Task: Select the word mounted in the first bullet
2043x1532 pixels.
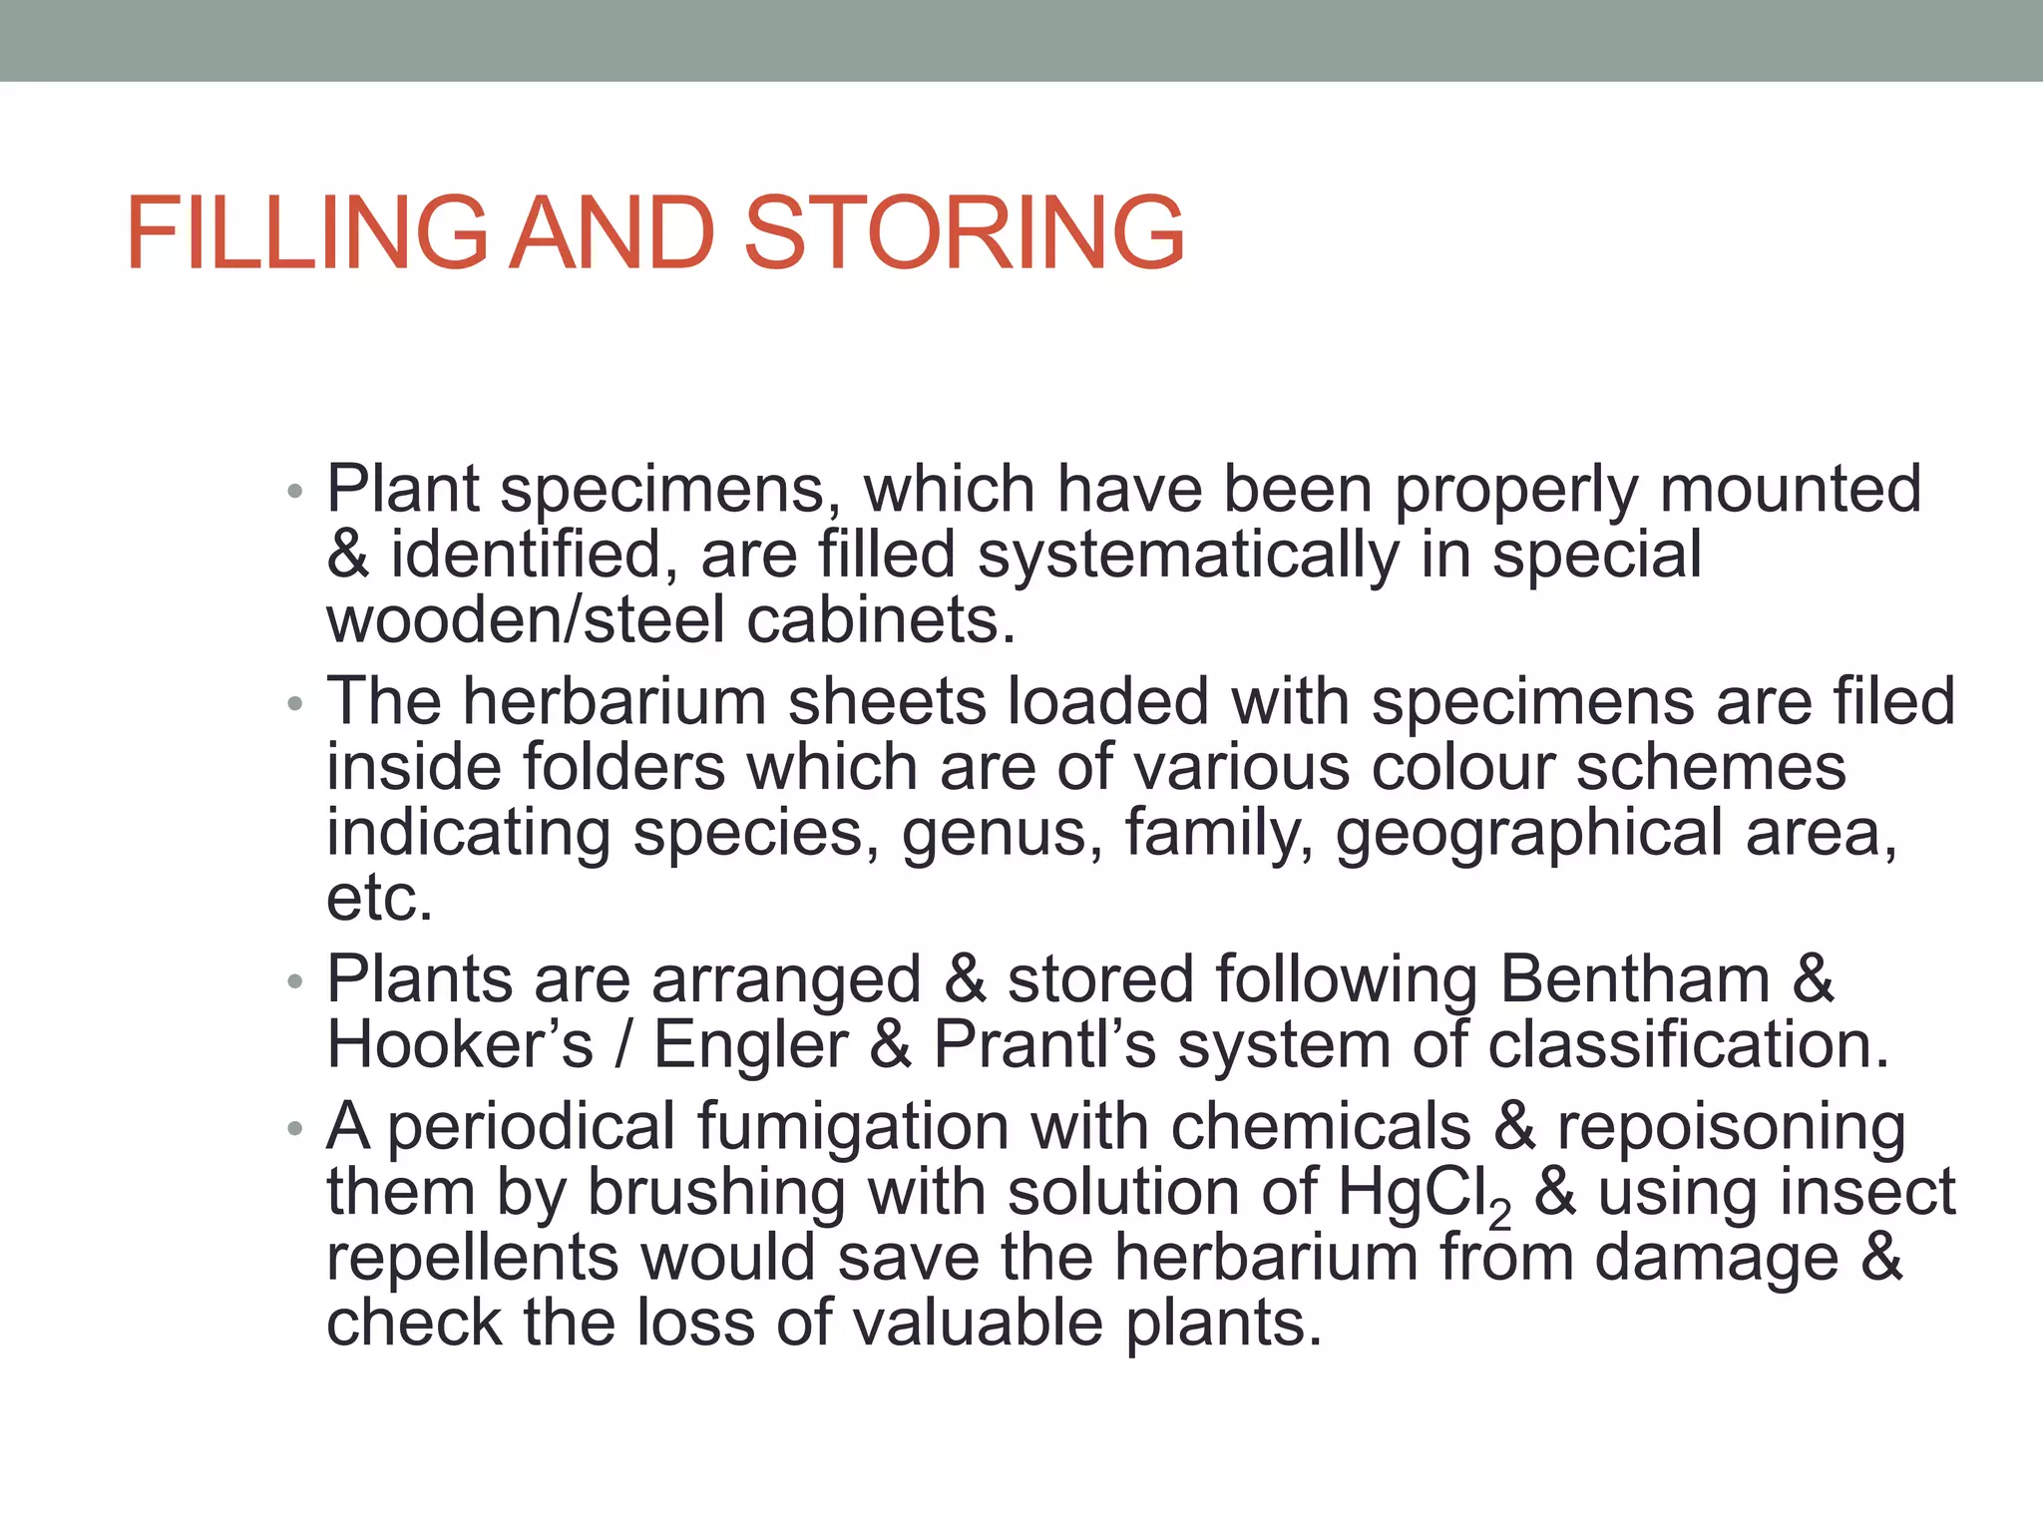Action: click(x=1791, y=489)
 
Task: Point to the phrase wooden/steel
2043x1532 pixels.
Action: click(x=526, y=620)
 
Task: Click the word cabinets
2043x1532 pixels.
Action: click(x=881, y=620)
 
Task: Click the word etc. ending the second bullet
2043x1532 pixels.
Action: click(x=379, y=898)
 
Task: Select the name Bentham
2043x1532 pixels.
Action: click(x=1635, y=978)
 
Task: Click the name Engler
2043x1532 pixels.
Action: click(x=750, y=1044)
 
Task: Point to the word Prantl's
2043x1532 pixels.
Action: click(x=1043, y=1044)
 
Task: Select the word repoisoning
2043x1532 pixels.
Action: click(x=1732, y=1127)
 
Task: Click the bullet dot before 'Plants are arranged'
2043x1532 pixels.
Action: click(x=293, y=981)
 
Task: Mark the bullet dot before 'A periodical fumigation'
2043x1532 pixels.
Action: click(x=293, y=1129)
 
